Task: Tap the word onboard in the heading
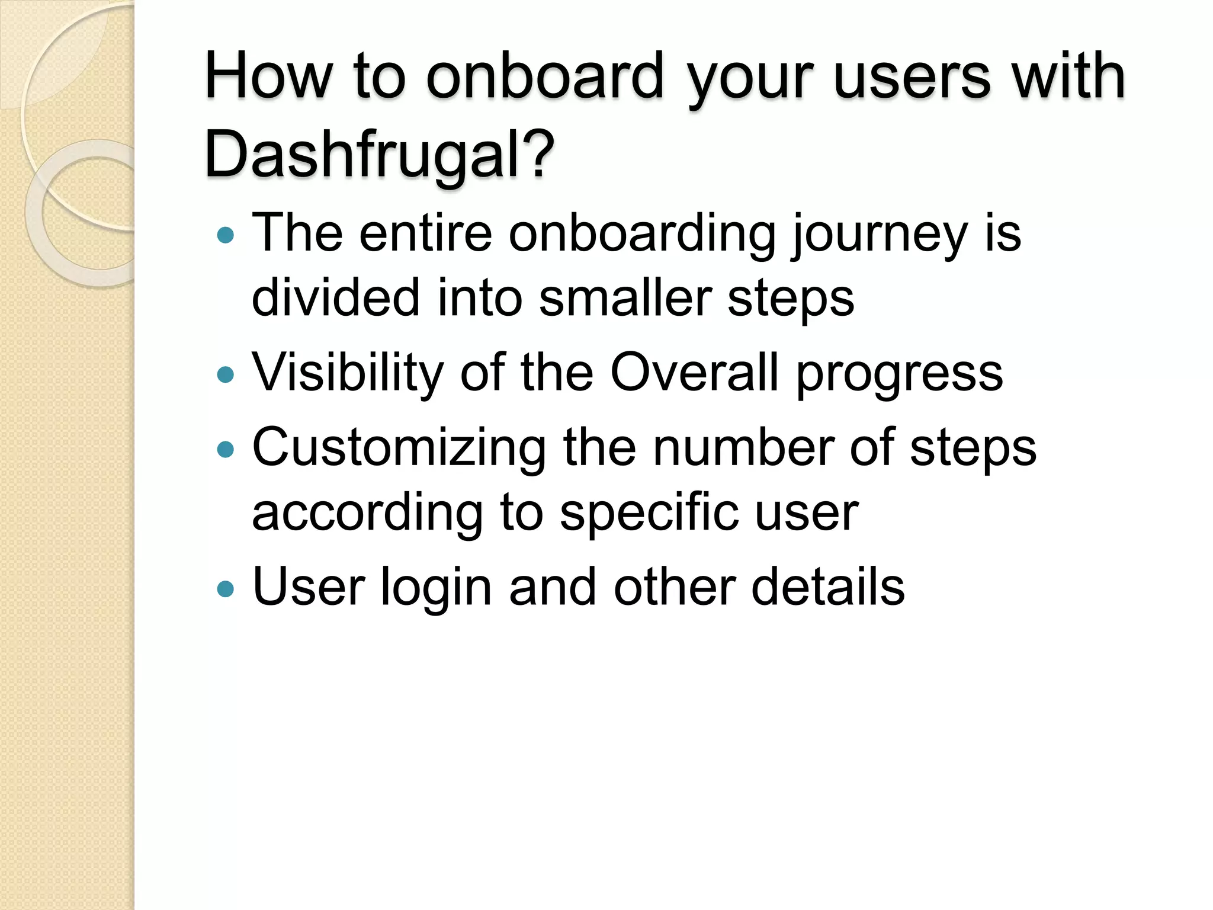click(x=545, y=76)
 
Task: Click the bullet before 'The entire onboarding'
click(x=226, y=236)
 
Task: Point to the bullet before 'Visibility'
click(x=226, y=374)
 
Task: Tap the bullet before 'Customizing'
click(x=226, y=450)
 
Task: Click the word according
click(x=367, y=514)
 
